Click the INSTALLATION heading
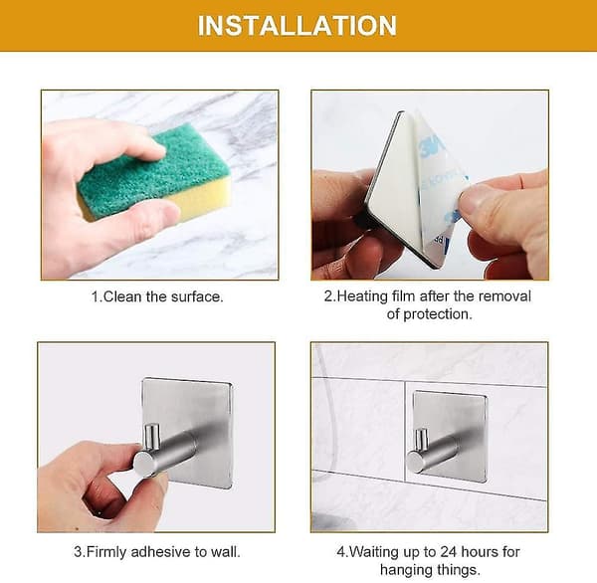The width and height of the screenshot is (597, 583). tap(298, 26)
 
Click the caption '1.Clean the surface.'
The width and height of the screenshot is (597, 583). tap(157, 296)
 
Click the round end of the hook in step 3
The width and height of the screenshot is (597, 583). tap(144, 464)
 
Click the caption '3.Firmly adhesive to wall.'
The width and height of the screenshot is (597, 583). tap(157, 552)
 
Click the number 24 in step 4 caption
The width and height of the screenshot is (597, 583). tap(449, 551)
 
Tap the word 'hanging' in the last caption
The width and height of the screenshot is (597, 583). tap(406, 570)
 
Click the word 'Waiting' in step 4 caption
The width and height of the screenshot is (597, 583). tap(375, 552)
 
